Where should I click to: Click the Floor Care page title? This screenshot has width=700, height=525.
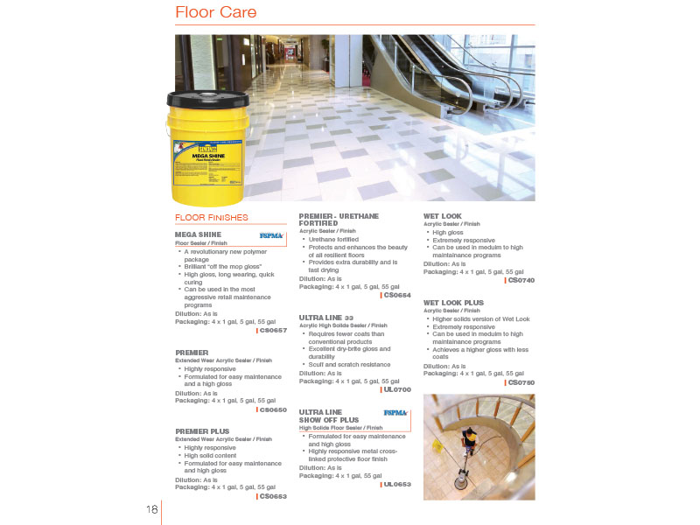pyautogui.click(x=215, y=12)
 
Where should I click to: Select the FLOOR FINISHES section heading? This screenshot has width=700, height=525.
pyautogui.click(x=212, y=217)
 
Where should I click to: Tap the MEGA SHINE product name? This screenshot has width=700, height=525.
pyautogui.click(x=198, y=234)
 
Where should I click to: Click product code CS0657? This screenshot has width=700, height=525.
pyautogui.click(x=273, y=330)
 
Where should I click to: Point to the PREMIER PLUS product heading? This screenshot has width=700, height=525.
pyautogui.click(x=203, y=430)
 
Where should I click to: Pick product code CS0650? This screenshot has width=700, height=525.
pyautogui.click(x=273, y=409)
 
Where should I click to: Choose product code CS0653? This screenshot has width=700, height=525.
pyautogui.click(x=273, y=496)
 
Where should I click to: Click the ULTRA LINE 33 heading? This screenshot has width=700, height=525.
pyautogui.click(x=326, y=317)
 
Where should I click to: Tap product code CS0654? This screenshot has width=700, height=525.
pyautogui.click(x=396, y=295)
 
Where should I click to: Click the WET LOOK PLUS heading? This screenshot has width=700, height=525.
pyautogui.click(x=454, y=302)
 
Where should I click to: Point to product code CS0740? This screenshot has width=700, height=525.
pyautogui.click(x=521, y=280)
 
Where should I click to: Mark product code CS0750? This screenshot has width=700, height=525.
pyautogui.click(x=521, y=381)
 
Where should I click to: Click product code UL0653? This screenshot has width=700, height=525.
pyautogui.click(x=397, y=484)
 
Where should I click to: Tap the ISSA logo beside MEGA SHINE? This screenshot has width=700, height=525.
pyautogui.click(x=272, y=236)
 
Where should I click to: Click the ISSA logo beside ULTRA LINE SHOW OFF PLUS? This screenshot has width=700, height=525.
pyautogui.click(x=395, y=412)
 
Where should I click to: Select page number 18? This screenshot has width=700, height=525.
pyautogui.click(x=152, y=509)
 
